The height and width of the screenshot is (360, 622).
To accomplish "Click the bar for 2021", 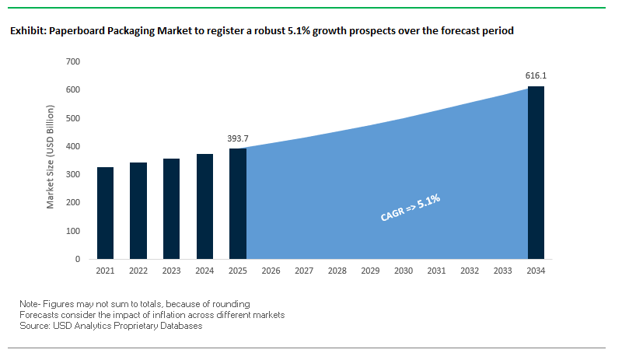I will pos(105,213).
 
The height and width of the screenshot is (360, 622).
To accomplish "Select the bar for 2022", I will pos(138,211).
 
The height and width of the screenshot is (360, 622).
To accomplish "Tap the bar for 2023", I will pos(171,208).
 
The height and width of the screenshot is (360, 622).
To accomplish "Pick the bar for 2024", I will pos(204,206).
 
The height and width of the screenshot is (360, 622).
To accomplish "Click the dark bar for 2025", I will pos(238,204).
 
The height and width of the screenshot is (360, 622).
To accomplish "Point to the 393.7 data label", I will pos(238,138).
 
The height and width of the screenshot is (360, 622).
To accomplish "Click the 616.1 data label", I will pos(536,76).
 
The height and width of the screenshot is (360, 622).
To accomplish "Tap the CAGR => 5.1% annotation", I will pos(411,208).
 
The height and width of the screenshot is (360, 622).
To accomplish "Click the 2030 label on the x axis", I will pos(404,271).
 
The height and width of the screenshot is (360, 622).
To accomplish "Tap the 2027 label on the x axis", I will pos(304,271).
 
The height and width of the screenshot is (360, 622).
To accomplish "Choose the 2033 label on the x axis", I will pos(503,271).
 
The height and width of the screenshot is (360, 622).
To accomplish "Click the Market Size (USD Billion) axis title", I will pos(51,160).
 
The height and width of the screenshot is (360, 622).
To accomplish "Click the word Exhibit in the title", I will pos(28,31).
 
